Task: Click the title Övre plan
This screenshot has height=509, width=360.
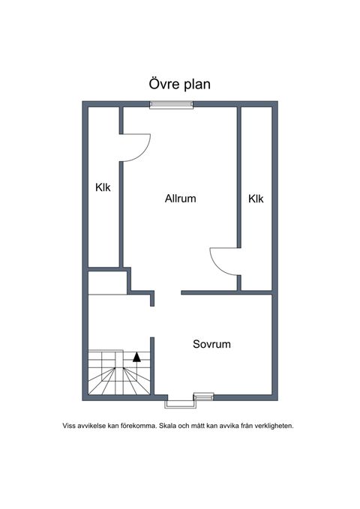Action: click(x=180, y=84)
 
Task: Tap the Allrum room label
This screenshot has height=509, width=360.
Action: click(x=180, y=199)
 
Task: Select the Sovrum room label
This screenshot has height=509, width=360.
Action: click(x=211, y=344)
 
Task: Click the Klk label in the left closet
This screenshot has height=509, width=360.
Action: click(x=103, y=187)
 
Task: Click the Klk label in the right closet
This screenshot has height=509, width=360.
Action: click(x=256, y=199)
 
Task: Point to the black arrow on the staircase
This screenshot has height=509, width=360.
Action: click(x=136, y=357)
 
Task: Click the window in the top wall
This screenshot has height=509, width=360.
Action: click(x=171, y=104)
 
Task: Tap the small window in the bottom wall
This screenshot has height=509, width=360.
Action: click(x=203, y=397)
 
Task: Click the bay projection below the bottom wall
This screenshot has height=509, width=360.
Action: click(x=180, y=405)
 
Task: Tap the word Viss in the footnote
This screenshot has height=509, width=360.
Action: click(x=70, y=426)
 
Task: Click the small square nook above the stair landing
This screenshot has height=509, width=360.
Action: click(x=107, y=283)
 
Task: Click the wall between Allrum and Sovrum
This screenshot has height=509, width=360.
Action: click(x=226, y=293)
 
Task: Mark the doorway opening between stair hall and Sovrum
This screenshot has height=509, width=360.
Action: click(x=152, y=322)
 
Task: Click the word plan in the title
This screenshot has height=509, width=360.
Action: click(x=197, y=85)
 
